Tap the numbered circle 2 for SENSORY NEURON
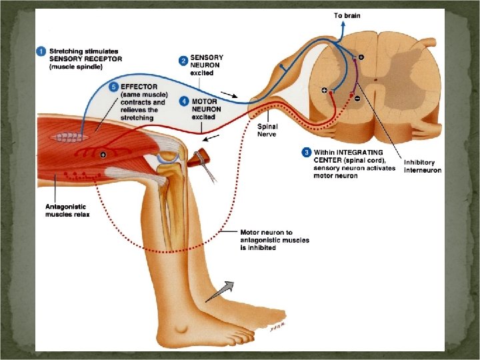183,61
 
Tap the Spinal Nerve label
268,129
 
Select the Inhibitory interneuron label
422,166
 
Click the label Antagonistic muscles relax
69,209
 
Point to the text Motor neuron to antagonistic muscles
275,239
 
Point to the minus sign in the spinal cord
357,98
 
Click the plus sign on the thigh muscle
103,154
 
